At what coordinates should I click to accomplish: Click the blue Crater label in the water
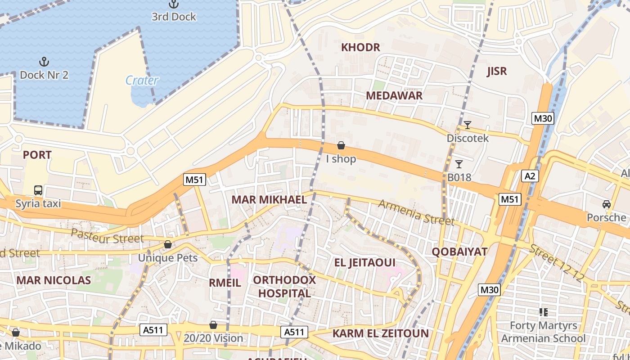pos(142,81)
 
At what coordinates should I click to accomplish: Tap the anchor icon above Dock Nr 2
pos(44,62)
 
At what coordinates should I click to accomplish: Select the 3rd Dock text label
pos(174,17)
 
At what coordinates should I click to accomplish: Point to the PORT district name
pos(37,155)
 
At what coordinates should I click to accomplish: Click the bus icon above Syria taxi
pos(38,190)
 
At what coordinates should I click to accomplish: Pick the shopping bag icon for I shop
pos(341,145)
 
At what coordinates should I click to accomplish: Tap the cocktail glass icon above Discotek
pos(468,125)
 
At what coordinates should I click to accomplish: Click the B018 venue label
pos(459,177)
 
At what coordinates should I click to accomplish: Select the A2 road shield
pos(530,176)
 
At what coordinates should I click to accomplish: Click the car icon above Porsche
pos(606,204)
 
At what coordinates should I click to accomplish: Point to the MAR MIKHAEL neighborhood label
pos(269,200)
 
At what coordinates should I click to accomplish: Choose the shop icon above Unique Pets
pos(168,244)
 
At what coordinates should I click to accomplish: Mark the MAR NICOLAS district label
pos(54,280)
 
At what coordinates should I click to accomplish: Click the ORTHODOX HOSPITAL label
pos(284,287)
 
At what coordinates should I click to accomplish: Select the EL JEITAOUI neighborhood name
pos(364,262)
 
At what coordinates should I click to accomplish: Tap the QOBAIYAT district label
pos(459,252)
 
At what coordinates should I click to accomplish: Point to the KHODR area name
pos(360,47)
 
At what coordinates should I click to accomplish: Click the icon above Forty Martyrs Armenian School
pos(543,312)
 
